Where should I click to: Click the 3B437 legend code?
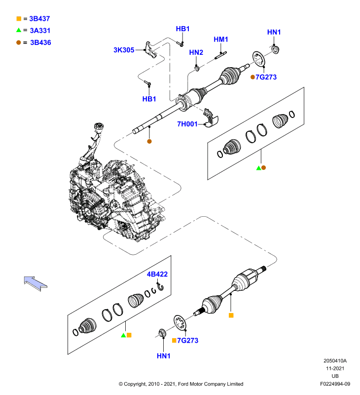click(39, 19)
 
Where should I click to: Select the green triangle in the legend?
click(19, 30)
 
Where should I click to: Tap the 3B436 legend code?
click(40, 42)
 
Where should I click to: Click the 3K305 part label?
click(124, 50)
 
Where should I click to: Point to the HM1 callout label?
click(220, 39)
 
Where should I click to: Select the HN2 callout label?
click(196, 52)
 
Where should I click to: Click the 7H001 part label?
click(187, 124)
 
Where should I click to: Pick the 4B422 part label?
click(157, 274)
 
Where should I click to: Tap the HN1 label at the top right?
click(274, 32)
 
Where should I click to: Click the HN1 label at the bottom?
click(164, 356)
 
